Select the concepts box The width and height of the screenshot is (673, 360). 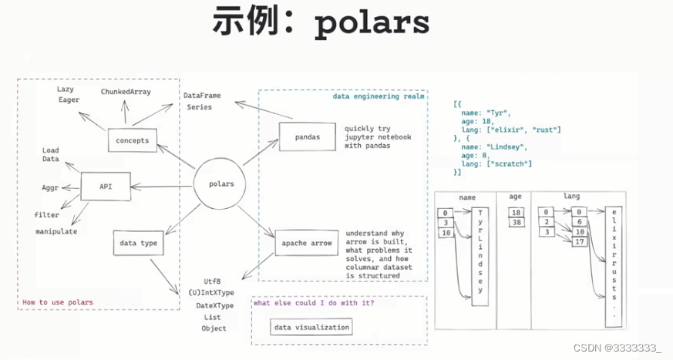coord(132,140)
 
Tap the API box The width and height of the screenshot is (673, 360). coord(106,185)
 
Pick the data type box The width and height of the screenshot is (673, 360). coord(139,243)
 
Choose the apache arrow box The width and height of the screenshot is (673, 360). coord(306,244)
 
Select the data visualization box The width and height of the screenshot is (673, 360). coord(312,327)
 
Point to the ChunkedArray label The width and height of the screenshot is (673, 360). coord(126,92)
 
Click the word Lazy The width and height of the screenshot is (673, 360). coord(65,89)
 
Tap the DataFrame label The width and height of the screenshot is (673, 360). coord(202,95)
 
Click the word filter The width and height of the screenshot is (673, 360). coord(46,215)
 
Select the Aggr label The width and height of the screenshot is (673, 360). coord(51,187)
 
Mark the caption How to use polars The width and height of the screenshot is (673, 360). coord(58,302)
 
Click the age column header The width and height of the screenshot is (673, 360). coord(515,197)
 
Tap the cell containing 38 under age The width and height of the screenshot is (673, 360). coord(515,223)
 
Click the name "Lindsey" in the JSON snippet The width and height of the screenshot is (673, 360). coord(514,146)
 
